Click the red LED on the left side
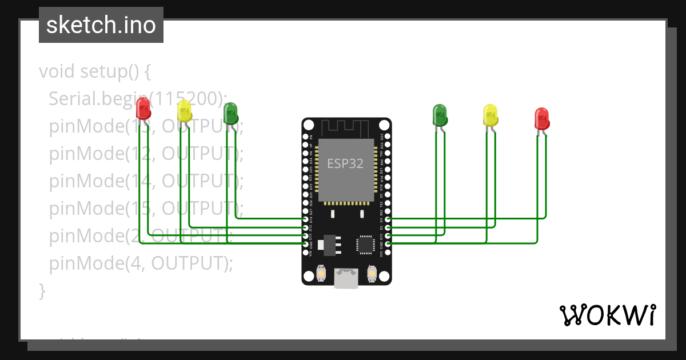coord(143,107)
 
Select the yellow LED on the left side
coord(184,111)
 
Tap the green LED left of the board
coord(230,113)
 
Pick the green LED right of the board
coord(440,114)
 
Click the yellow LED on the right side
coord(490,114)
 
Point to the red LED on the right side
coord(541,118)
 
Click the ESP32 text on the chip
coord(345,163)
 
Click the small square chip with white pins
coord(365,244)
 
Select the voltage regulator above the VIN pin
coord(330,243)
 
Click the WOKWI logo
coord(607,315)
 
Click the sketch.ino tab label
coord(101,25)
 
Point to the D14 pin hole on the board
coord(305,218)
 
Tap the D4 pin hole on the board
coord(388,219)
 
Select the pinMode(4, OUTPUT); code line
coord(141,263)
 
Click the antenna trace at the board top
coord(346,126)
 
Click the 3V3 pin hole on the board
coord(388,252)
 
